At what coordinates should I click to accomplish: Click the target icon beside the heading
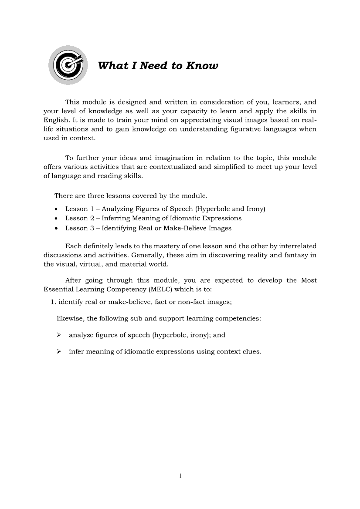68,65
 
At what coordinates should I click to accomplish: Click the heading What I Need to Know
158,66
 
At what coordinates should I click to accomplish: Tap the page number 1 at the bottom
180,476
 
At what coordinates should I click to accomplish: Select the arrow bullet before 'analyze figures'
59,335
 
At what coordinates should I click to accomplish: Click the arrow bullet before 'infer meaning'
59,352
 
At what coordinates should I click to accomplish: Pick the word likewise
70,318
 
